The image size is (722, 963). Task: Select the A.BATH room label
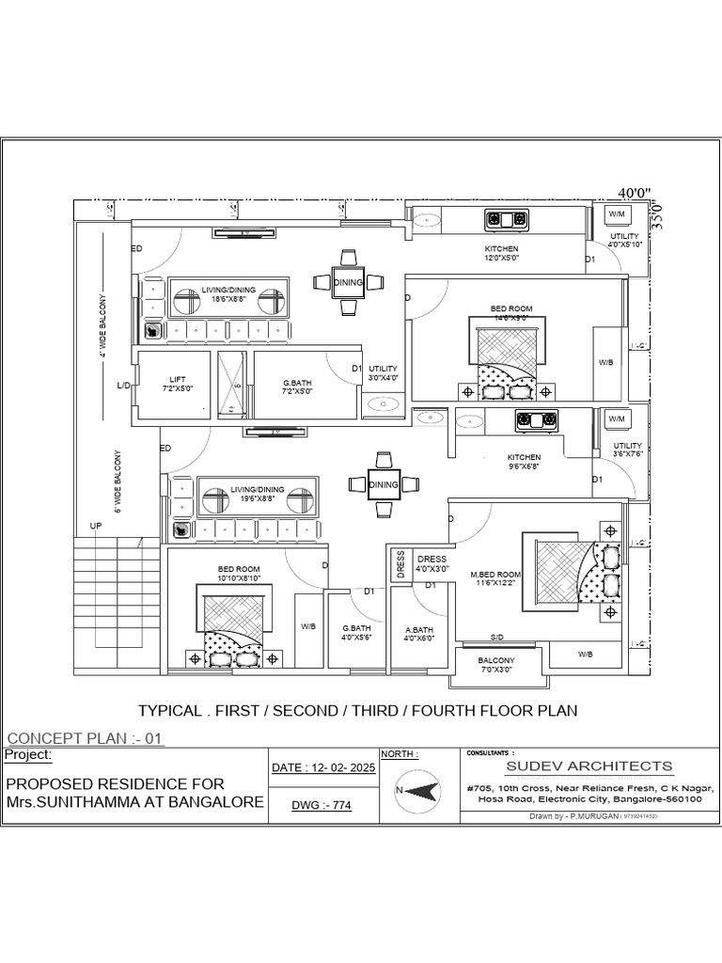coord(418,632)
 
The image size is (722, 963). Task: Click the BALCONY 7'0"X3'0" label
coord(498,665)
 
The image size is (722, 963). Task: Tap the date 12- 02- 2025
coord(322,768)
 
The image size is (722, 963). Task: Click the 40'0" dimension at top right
coord(635,193)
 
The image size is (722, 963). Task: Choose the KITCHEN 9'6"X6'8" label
coord(524,462)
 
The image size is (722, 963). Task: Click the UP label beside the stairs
coord(95,527)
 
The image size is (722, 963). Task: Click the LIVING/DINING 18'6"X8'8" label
coord(228,295)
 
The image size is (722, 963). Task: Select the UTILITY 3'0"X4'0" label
coord(384,372)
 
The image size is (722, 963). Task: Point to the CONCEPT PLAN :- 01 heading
coord(85,738)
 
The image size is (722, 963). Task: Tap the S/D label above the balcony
coord(498,637)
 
